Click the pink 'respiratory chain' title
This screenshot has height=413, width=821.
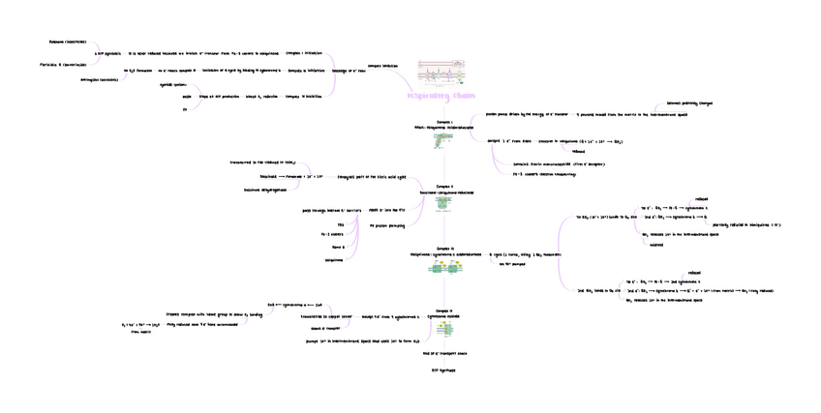coord(441,96)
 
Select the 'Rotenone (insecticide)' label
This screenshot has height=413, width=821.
coord(68,42)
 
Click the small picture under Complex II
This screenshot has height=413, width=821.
coord(443,203)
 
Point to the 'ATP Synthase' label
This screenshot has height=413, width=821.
coord(442,370)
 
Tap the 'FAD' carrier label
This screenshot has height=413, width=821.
coord(341,224)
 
